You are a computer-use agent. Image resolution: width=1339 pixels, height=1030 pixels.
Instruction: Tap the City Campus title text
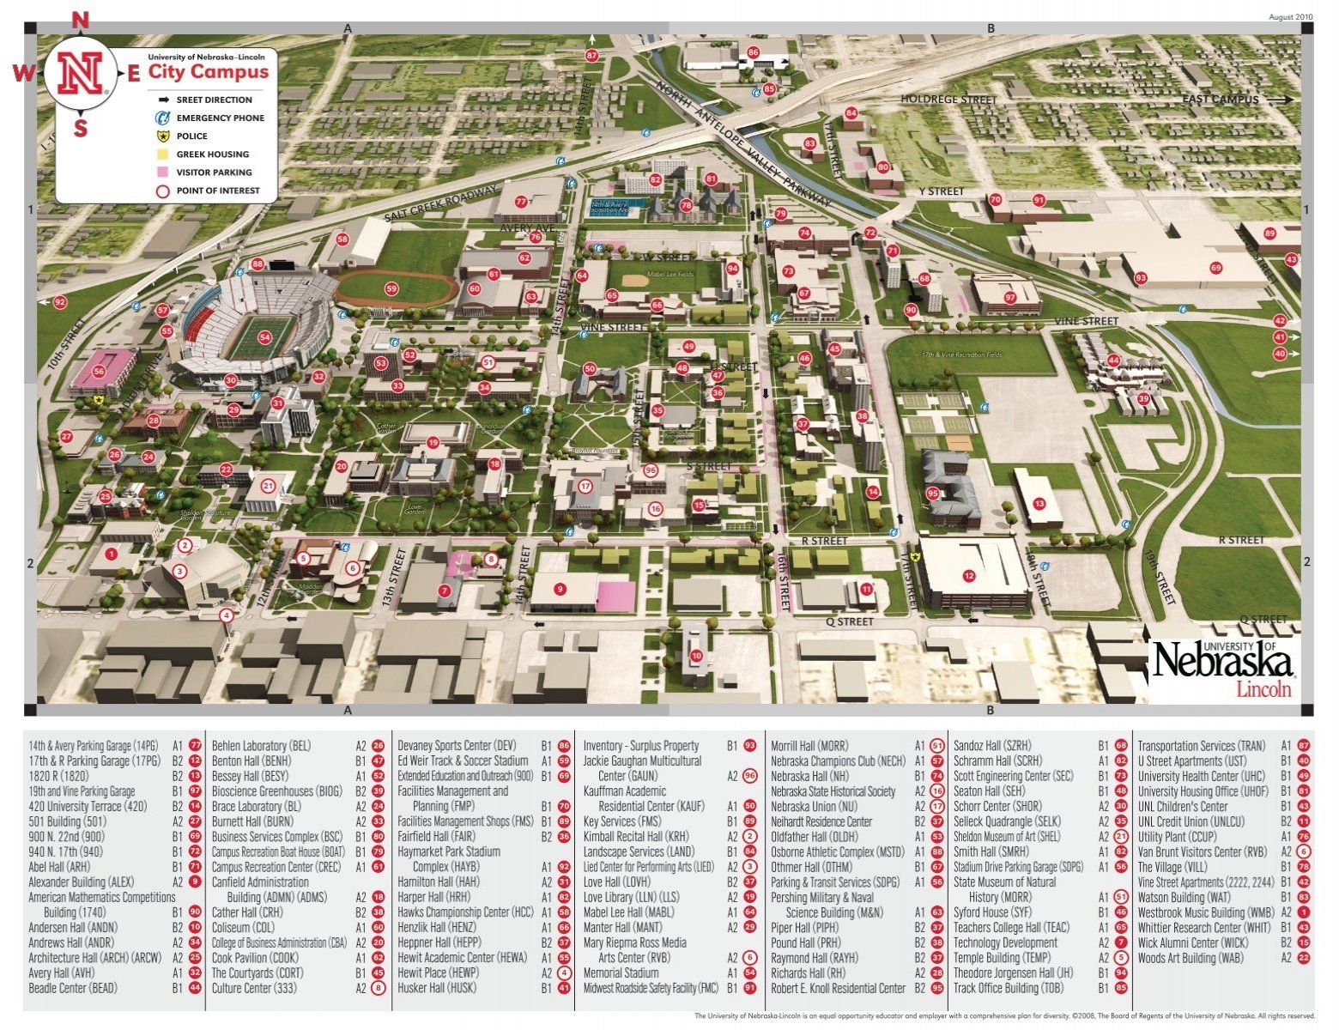point(209,71)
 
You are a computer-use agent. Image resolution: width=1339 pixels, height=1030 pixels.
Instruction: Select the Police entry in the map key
point(191,136)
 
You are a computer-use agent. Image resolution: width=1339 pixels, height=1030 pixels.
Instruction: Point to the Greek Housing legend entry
point(212,154)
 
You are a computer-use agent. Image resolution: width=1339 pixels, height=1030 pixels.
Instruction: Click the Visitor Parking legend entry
point(214,173)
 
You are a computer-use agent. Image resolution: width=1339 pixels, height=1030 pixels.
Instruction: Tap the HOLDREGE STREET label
point(948,100)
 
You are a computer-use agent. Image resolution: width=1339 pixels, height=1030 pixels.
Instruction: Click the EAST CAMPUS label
point(1220,100)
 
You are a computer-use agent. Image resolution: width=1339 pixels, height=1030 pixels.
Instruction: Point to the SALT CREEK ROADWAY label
point(439,204)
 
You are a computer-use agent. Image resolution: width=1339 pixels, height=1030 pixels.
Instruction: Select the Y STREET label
point(942,191)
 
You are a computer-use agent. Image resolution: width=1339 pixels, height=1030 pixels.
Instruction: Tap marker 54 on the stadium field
point(264,337)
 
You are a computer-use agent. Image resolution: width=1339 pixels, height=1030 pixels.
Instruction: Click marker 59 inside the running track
point(391,289)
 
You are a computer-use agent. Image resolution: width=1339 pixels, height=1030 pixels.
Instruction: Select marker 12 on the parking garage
point(969,576)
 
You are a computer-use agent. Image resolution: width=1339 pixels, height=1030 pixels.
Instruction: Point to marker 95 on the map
point(933,493)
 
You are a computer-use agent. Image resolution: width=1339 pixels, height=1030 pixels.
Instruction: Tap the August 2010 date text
point(1290,16)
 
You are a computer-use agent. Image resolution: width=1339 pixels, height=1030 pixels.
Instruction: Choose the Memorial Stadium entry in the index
point(621,973)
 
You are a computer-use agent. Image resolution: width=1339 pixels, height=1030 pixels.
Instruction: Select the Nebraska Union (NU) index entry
point(814,807)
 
